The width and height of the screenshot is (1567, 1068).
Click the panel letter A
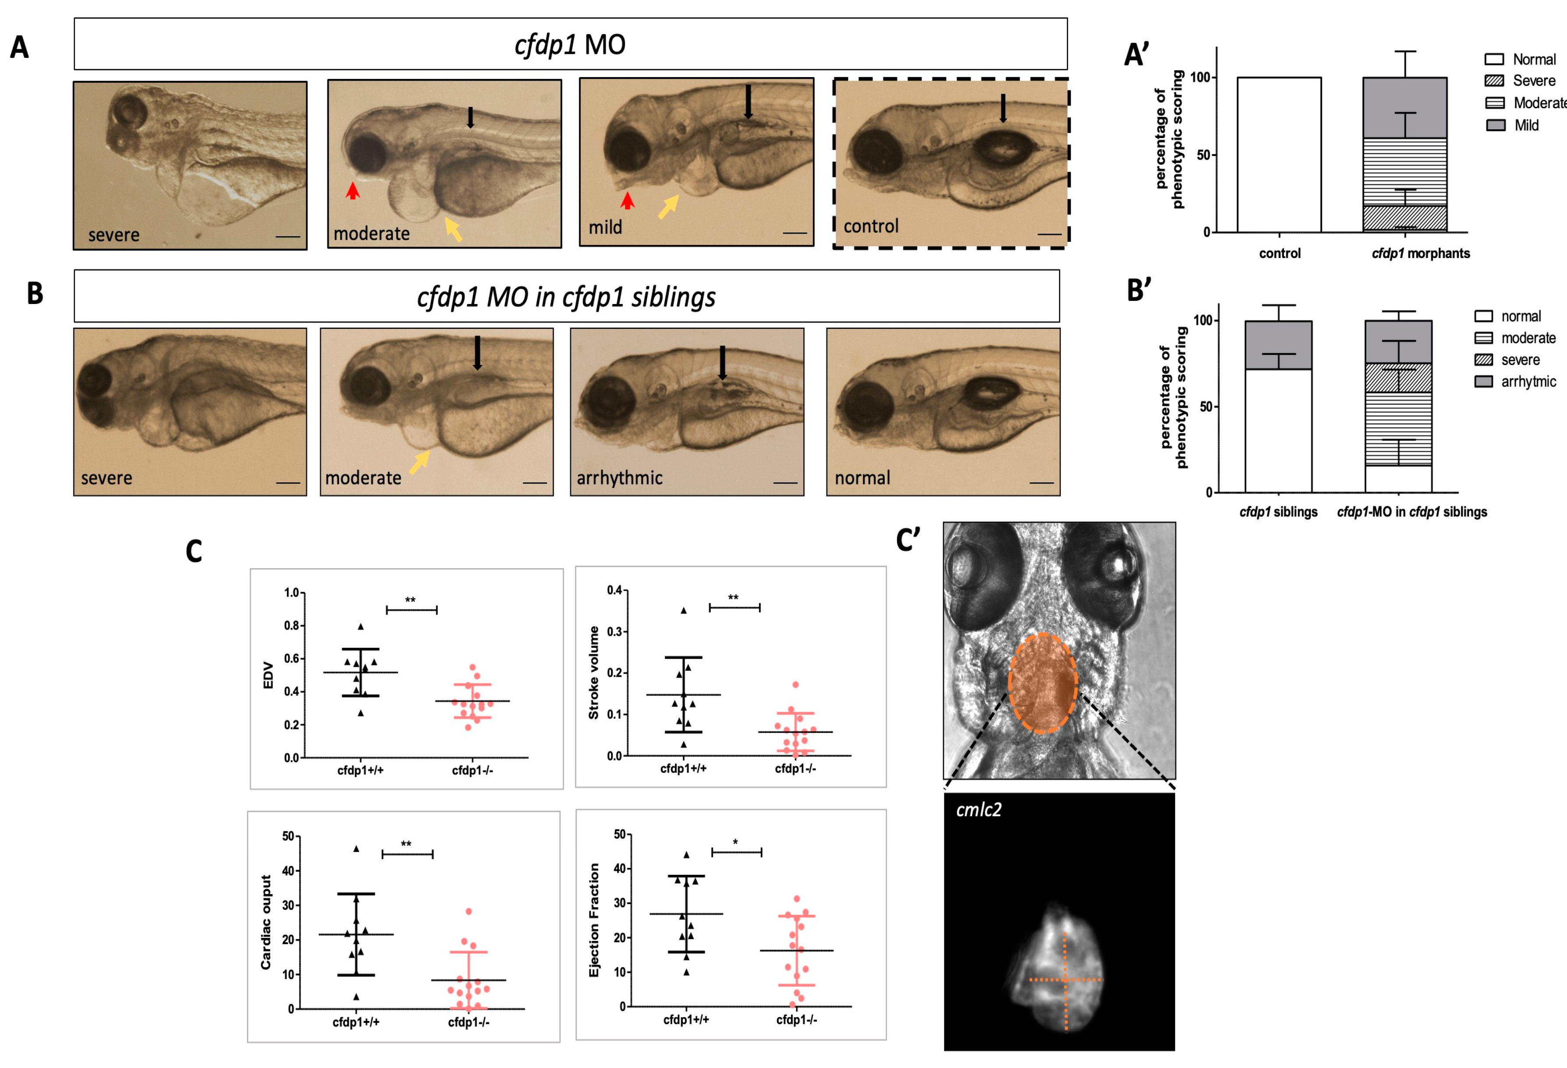(20, 48)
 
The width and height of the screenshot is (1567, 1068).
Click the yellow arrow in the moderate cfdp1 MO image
(454, 229)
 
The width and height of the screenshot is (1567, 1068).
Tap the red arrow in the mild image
(627, 200)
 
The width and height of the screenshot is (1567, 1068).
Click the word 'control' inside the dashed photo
(871, 226)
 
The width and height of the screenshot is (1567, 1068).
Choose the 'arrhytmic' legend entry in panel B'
(1528, 382)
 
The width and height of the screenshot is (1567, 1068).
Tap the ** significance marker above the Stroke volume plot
(733, 598)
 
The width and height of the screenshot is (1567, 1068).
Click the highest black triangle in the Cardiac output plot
(356, 849)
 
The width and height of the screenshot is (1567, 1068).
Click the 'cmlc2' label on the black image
(978, 810)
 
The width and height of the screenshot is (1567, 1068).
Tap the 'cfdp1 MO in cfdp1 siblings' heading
(566, 297)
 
